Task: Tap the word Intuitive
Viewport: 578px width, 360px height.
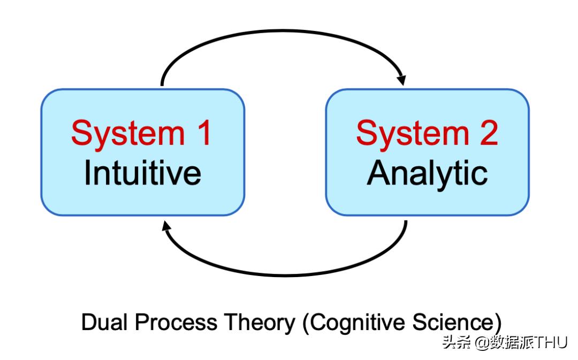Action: (142, 173)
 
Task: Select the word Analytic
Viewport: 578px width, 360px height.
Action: (427, 173)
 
